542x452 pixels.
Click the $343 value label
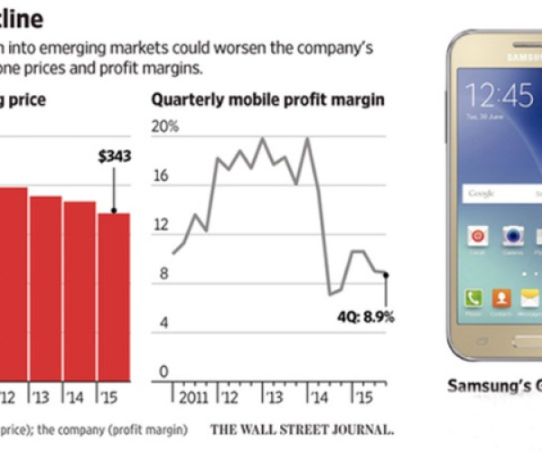click(x=115, y=156)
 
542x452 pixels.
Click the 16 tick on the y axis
click(x=163, y=175)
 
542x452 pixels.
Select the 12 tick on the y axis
click(x=163, y=224)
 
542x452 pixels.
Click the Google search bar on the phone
click(x=501, y=193)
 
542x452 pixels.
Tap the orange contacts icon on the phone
click(x=502, y=297)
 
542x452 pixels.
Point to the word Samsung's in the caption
click(x=482, y=385)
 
